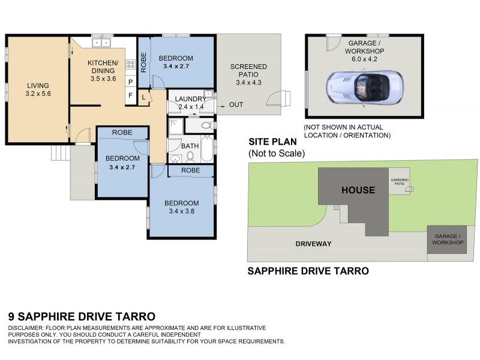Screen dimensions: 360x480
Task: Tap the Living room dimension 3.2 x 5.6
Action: click(x=37, y=94)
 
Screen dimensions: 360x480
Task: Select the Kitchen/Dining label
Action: click(x=103, y=67)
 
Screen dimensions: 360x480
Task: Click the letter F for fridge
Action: click(x=130, y=95)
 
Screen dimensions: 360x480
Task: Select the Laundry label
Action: click(x=190, y=98)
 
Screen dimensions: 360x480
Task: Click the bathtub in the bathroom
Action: click(x=206, y=149)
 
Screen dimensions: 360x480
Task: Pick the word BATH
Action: click(x=190, y=146)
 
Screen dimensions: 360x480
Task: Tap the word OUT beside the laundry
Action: click(x=236, y=105)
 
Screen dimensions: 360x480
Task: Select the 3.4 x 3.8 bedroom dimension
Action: click(x=181, y=211)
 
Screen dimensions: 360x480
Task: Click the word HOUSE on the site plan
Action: click(x=358, y=190)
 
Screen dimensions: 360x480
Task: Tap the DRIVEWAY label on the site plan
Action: click(x=314, y=244)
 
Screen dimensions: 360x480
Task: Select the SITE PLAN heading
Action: click(x=273, y=142)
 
